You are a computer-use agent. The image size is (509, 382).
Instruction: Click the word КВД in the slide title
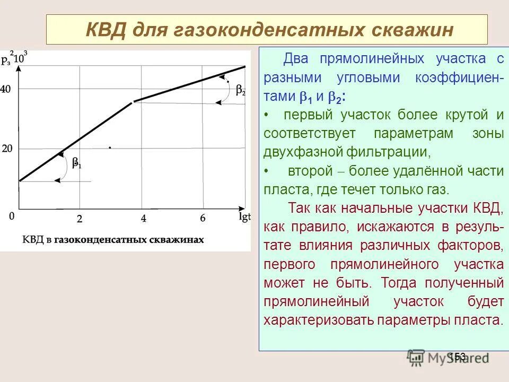click(105, 30)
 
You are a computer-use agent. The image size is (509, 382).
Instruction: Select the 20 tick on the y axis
click(7, 149)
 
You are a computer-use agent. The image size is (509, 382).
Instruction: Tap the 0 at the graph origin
click(12, 216)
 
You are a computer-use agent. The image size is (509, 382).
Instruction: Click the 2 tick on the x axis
click(80, 218)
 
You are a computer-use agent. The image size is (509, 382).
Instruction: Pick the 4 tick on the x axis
click(143, 218)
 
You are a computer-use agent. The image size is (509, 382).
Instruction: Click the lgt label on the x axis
click(244, 217)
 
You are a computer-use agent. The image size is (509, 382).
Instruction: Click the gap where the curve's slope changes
click(133, 102)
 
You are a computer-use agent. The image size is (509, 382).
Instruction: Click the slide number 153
click(457, 356)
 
